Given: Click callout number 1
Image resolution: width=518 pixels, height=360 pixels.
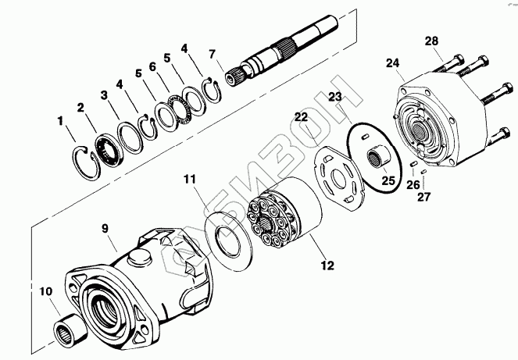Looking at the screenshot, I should [60, 121].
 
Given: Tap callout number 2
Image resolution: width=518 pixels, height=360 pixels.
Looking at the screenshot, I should [80, 108].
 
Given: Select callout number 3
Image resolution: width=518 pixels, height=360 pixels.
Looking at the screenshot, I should [103, 94].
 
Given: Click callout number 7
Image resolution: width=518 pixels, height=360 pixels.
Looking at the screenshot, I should [211, 54].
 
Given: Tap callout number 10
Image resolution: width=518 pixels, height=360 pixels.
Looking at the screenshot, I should [46, 292].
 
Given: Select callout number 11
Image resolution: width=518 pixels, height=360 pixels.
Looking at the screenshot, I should [190, 180].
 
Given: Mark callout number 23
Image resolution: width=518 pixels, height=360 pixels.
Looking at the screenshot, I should [334, 97].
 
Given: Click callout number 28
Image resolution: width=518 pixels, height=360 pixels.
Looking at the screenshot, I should [432, 41].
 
